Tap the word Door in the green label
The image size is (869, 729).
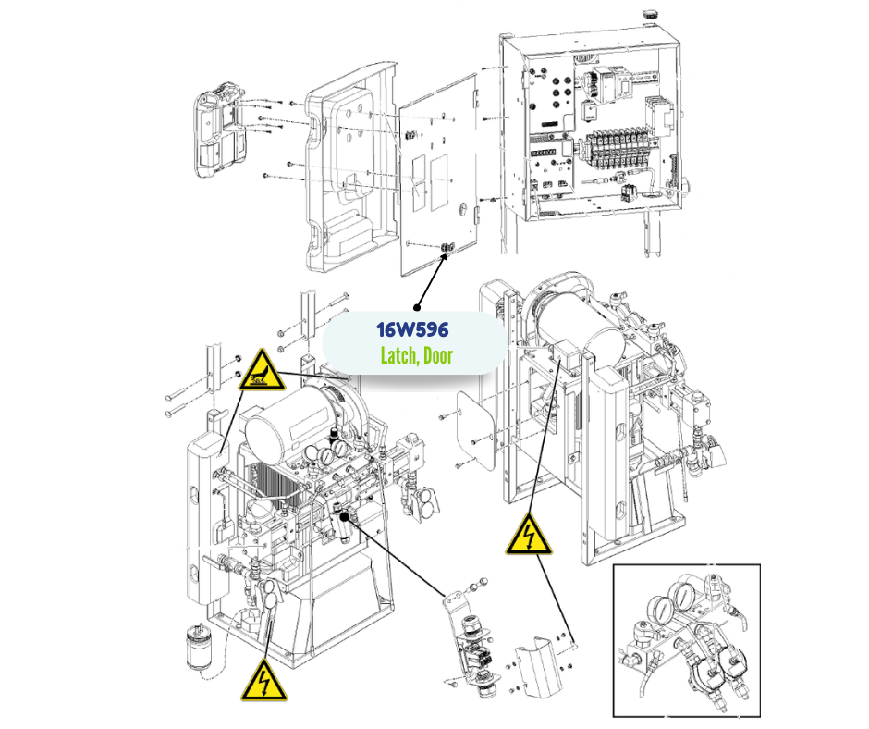pyautogui.click(x=437, y=355)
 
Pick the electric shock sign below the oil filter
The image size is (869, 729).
pyautogui.click(x=262, y=681)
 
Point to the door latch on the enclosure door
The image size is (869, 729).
pyautogui.click(x=448, y=247)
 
